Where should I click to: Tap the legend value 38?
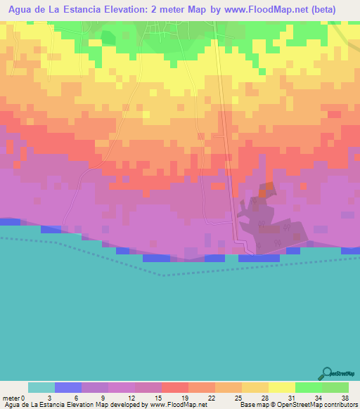coord(345,398)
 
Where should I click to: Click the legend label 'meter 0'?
coord(14,398)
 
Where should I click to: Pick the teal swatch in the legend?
coord(41,388)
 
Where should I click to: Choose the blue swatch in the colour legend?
coord(68,388)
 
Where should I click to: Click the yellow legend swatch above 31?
coord(282,388)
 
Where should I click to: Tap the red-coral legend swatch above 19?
coord(175,388)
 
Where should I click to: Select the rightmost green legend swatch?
coord(335,388)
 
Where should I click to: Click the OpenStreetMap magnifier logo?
coord(328,372)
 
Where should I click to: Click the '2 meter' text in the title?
coord(183,10)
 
